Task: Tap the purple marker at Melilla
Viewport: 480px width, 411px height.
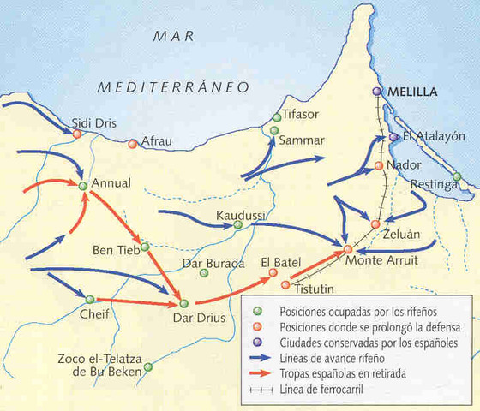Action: point(377,92)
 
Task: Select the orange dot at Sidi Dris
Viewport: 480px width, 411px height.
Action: point(77,134)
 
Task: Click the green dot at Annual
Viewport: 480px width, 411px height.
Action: point(82,185)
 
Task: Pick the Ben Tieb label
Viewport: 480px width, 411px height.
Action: point(116,251)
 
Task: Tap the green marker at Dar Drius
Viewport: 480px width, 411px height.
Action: point(183,303)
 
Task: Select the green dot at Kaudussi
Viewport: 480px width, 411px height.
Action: point(237,225)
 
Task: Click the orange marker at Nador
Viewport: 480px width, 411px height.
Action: point(378,165)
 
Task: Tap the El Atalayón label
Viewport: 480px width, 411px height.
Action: point(434,135)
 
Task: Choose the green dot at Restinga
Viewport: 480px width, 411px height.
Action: point(457,177)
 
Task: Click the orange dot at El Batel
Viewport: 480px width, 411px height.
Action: point(273,273)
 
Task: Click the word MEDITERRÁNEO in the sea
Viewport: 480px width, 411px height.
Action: point(172,86)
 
